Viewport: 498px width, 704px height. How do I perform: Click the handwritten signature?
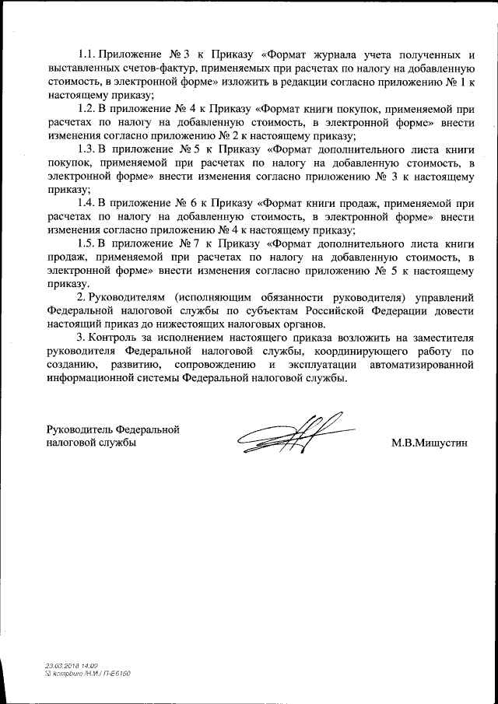(290, 433)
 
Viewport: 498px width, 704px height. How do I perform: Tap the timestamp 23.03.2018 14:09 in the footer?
(72, 667)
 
